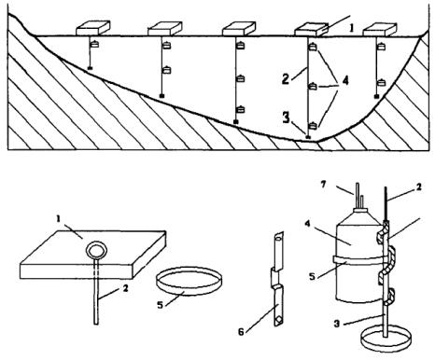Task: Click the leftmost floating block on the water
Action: coord(93,28)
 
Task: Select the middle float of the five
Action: coord(239,29)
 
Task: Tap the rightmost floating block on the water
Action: coord(380,30)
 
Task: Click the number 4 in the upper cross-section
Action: coord(345,81)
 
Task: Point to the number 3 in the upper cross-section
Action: coord(286,118)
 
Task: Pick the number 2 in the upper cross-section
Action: coord(286,78)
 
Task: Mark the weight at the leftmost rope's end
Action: coord(90,68)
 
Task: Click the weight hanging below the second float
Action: coord(161,96)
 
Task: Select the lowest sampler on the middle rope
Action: coord(240,110)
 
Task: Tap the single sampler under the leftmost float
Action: coord(94,44)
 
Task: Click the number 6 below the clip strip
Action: coord(242,332)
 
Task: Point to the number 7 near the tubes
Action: coord(323,185)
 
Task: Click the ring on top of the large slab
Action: coord(97,251)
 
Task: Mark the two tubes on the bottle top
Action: coord(359,195)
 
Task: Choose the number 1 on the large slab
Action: coord(58,219)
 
